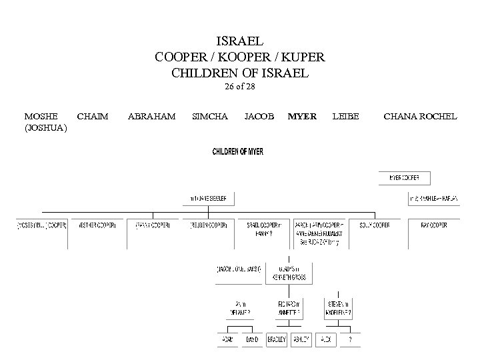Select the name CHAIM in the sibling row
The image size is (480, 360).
[93, 117]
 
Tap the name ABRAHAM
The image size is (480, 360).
[151, 117]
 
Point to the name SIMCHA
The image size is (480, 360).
[209, 117]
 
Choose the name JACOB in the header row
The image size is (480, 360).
[259, 117]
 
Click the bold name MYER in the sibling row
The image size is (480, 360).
[302, 117]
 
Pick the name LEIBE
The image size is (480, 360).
[345, 117]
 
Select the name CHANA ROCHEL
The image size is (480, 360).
[420, 117]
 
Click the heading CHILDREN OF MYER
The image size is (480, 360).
[238, 152]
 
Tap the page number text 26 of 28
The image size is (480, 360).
[240, 87]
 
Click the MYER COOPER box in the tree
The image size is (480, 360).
[405, 178]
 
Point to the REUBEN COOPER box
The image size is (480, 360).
[212, 225]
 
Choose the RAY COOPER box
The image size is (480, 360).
[434, 225]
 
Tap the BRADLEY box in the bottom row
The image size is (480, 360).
[276, 339]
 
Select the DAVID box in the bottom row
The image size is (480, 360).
[251, 339]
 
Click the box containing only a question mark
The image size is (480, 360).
[350, 339]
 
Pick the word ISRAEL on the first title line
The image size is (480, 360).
[240, 41]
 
